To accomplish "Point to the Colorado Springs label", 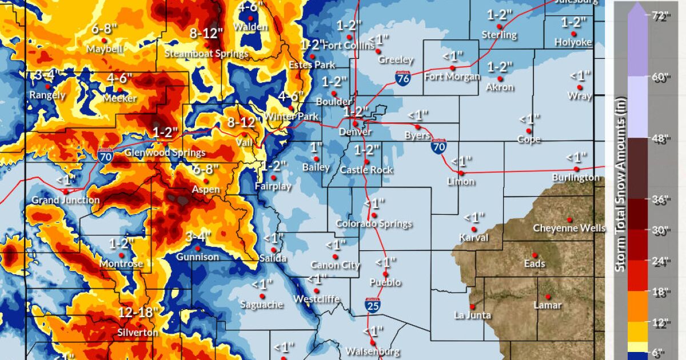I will tap(373, 224).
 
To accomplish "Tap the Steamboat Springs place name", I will tap(206, 54).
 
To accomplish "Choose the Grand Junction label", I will tap(65, 201).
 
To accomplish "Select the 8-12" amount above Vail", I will tap(241, 122).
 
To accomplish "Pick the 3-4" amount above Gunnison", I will tap(198, 237).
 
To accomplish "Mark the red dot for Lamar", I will tap(548, 297).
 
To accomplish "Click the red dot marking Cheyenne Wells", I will tap(569, 219).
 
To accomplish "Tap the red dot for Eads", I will tap(535, 255).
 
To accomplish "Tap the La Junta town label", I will tap(472, 315).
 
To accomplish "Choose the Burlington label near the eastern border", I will tap(576, 178).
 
